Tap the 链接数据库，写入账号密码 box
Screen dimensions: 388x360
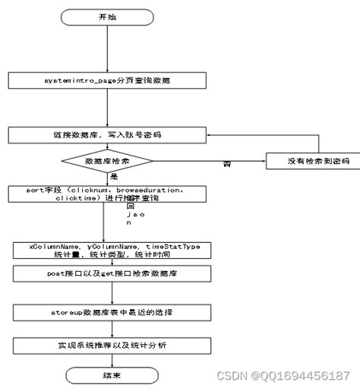click(x=107, y=134)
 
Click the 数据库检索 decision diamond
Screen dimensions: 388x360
click(x=106, y=162)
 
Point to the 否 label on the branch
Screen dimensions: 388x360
click(x=226, y=163)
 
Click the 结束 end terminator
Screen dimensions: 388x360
click(x=103, y=374)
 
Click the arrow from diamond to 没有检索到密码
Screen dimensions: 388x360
click(x=209, y=162)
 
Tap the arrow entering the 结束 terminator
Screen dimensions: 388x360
click(x=103, y=359)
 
